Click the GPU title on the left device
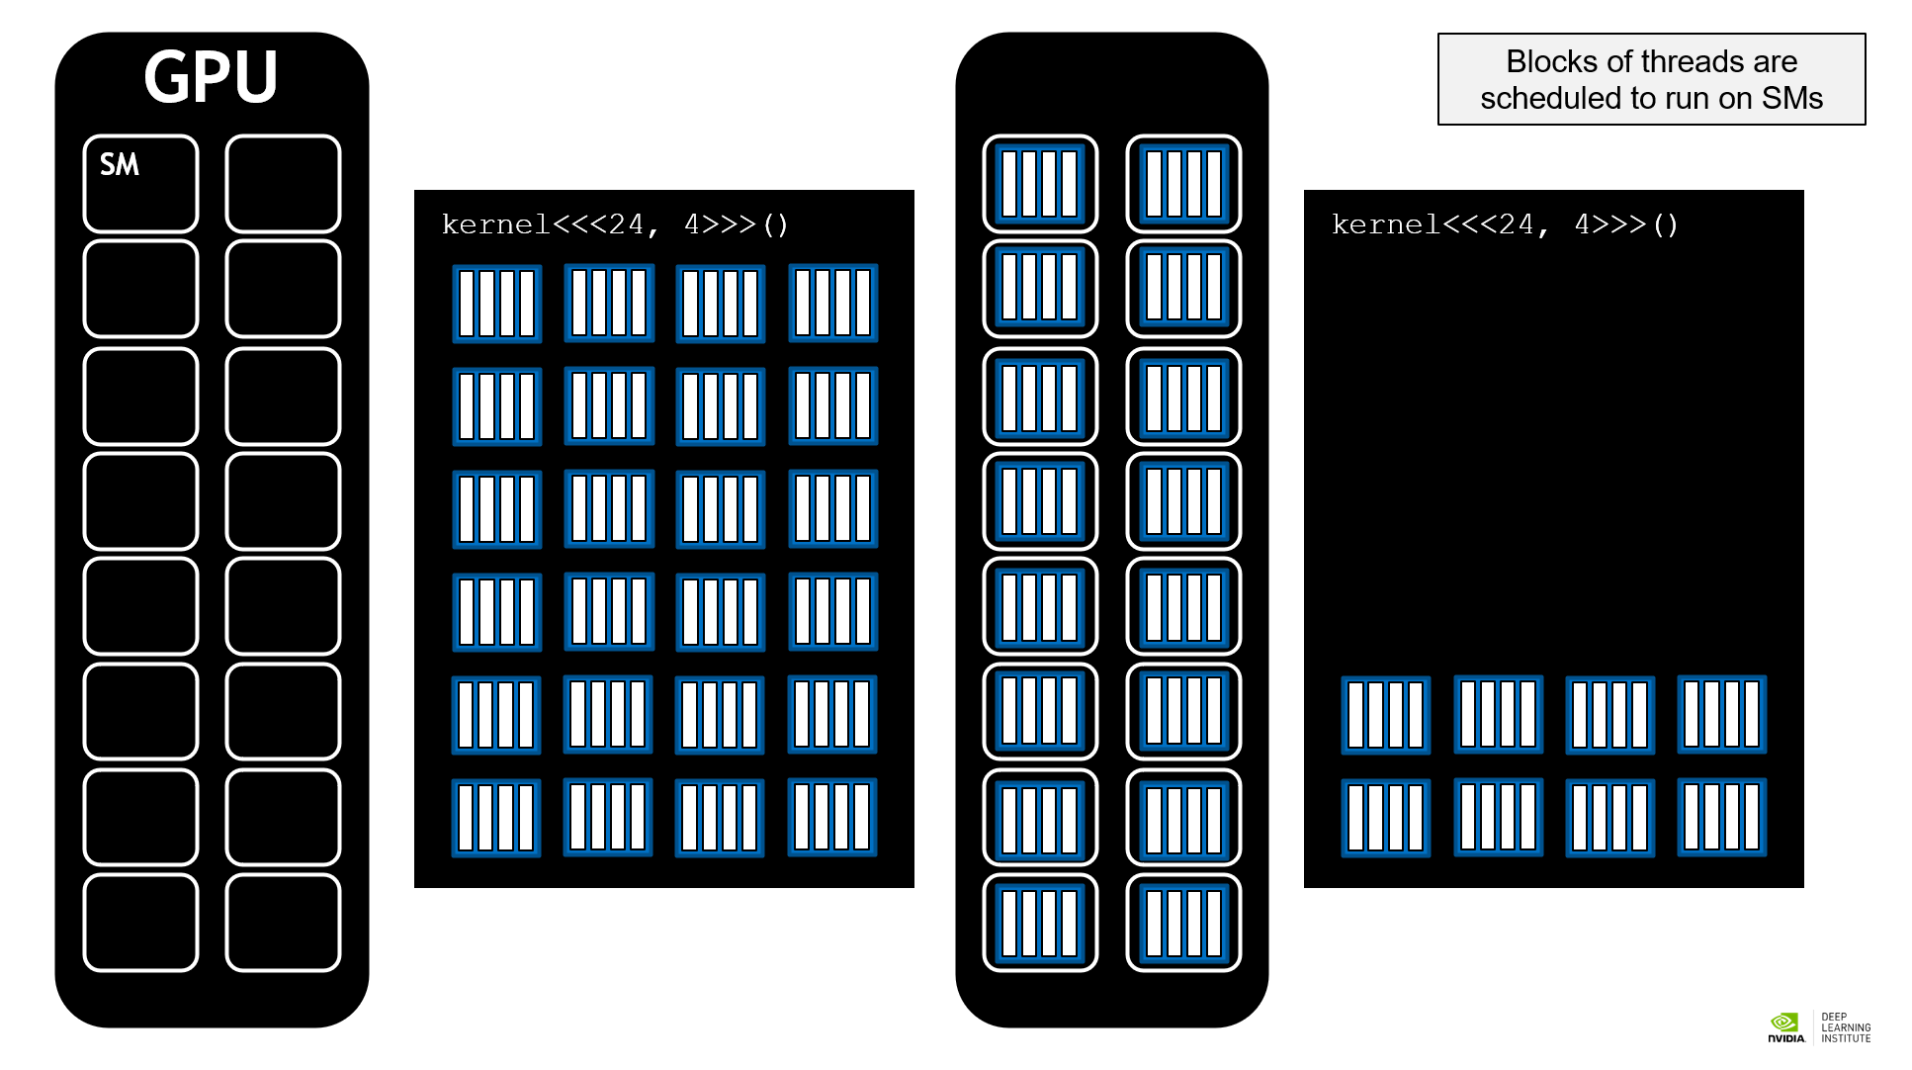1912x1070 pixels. tap(211, 77)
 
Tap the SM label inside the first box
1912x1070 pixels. tap(120, 164)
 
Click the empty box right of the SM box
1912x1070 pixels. tap(283, 184)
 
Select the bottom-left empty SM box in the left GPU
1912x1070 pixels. tap(140, 922)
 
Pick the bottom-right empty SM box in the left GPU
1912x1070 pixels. tap(283, 922)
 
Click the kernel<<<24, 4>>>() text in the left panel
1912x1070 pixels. tap(615, 224)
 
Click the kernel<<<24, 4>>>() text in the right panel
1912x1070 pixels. tap(1505, 224)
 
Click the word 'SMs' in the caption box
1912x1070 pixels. tap(1791, 98)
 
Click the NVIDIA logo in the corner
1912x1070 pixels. tap(1785, 1026)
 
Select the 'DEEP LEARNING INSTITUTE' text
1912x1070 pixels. tap(1845, 1027)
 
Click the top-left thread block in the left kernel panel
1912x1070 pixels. tap(496, 304)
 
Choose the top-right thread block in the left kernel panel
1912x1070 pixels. tap(832, 304)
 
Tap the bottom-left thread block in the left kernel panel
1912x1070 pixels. tap(496, 818)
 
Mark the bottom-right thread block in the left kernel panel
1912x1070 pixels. tap(832, 818)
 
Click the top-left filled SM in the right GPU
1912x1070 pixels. tap(1040, 184)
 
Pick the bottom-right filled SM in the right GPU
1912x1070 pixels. tap(1183, 922)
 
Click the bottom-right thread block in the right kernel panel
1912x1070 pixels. tap(1721, 818)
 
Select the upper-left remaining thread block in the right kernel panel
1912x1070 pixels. tap(1385, 715)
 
